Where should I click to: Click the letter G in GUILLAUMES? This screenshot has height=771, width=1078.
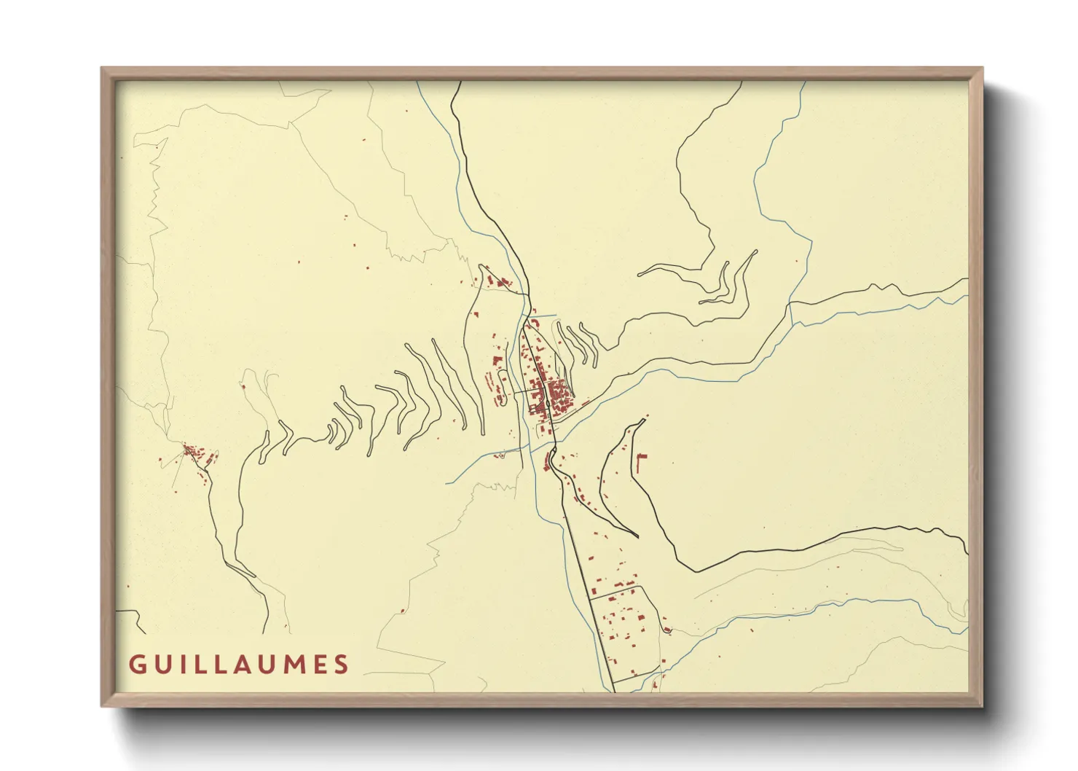[137, 665]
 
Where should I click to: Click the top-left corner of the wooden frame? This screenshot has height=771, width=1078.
[103, 69]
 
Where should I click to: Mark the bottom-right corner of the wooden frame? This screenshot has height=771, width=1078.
[981, 705]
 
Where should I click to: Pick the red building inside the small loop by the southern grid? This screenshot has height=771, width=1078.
[666, 629]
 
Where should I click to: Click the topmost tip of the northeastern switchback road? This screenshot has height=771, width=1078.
[755, 252]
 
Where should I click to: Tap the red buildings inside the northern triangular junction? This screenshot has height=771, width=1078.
[497, 281]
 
